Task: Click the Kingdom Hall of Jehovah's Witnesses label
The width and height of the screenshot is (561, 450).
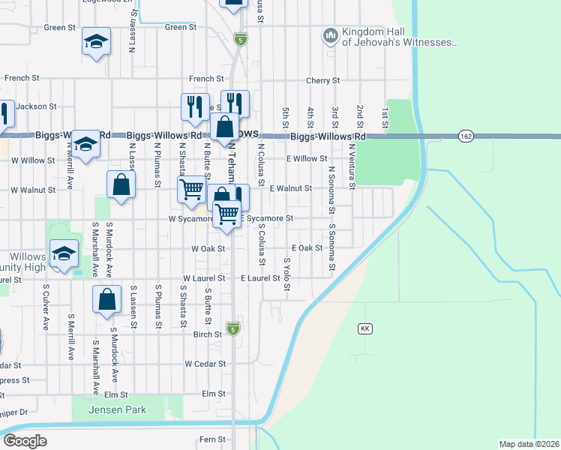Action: (399, 37)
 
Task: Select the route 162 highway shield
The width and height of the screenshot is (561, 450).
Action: (466, 136)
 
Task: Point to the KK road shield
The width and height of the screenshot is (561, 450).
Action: (365, 328)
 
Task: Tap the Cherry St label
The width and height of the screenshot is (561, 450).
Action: (323, 80)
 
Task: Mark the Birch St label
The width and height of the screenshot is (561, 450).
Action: (208, 334)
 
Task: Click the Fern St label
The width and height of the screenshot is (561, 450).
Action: (212, 439)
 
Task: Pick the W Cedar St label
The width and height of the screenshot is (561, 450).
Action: (205, 364)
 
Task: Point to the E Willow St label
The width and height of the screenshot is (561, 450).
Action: (307, 159)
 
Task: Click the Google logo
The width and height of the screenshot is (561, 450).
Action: (25, 440)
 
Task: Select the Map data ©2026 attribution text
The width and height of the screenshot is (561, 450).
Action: (529, 444)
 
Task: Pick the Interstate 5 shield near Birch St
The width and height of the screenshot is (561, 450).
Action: (234, 328)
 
